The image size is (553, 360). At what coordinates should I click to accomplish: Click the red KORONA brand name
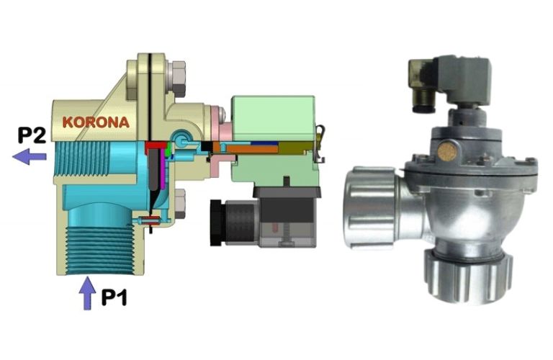click(96, 122)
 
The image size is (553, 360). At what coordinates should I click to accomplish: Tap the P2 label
click(32, 136)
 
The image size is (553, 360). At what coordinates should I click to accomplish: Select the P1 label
click(114, 297)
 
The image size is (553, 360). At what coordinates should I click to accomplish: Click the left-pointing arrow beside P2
click(30, 156)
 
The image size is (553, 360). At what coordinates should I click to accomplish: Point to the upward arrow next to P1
click(86, 293)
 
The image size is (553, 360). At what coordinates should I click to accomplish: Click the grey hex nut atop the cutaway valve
click(177, 79)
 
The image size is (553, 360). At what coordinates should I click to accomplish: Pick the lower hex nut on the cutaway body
click(179, 204)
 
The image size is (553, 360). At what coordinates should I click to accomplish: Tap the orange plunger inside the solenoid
click(252, 149)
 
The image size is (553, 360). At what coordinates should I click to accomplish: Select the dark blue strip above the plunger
click(264, 143)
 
